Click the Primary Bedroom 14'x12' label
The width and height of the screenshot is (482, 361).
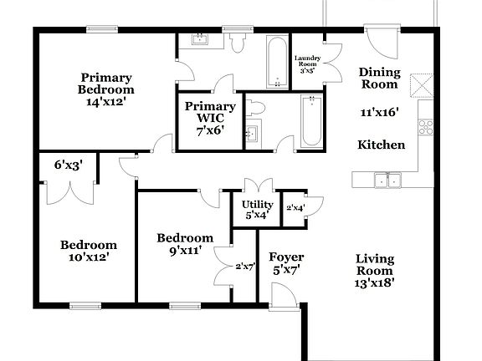[107, 88]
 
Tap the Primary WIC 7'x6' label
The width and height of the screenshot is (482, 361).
[209, 118]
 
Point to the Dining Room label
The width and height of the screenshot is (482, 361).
[379, 78]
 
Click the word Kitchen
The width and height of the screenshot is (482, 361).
[381, 145]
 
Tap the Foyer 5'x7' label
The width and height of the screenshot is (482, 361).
[286, 262]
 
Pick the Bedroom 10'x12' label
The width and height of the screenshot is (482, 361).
[88, 251]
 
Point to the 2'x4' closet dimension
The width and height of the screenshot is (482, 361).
[295, 207]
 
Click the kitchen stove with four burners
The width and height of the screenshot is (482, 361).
[425, 127]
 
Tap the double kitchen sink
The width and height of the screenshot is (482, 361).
[387, 179]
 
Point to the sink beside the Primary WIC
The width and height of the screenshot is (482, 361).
[251, 134]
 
